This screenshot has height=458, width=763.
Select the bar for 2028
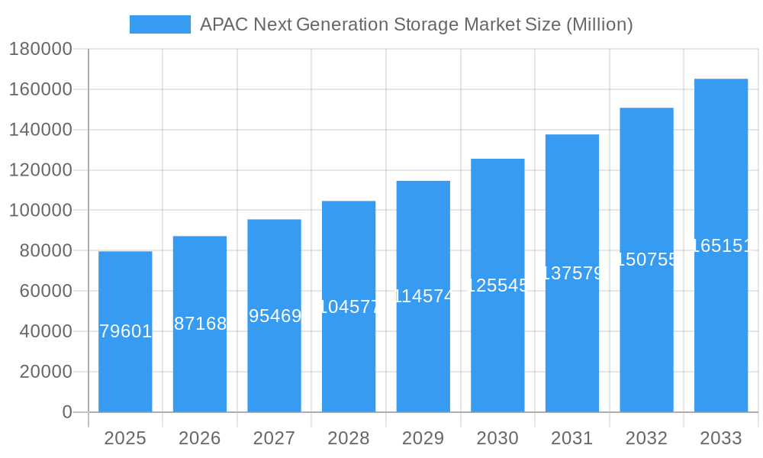pos(349,359)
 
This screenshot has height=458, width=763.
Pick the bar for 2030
pos(497,351)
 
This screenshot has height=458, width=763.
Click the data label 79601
pos(125,331)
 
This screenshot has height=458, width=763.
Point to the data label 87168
pos(200,324)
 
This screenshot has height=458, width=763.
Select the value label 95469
pos(275,316)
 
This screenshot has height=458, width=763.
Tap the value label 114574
pos(423,296)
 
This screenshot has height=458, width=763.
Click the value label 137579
pos(572,273)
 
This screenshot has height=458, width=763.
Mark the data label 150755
pos(646,260)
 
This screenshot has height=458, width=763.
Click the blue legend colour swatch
pos(160,24)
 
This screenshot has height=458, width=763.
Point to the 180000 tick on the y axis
pos(40,50)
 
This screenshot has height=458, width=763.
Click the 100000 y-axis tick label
pos(40,211)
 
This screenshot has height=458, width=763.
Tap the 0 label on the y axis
pos(66,412)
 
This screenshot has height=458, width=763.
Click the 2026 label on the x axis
pos(200,438)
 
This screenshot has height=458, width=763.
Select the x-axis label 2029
pos(423,438)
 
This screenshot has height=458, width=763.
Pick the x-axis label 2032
pos(646,438)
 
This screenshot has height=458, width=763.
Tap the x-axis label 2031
pos(572,438)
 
